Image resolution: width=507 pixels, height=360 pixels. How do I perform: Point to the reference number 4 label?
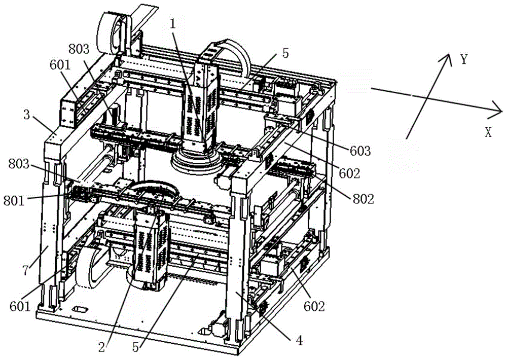tap(299, 341)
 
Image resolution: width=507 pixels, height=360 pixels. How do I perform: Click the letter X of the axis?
tap(488, 133)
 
